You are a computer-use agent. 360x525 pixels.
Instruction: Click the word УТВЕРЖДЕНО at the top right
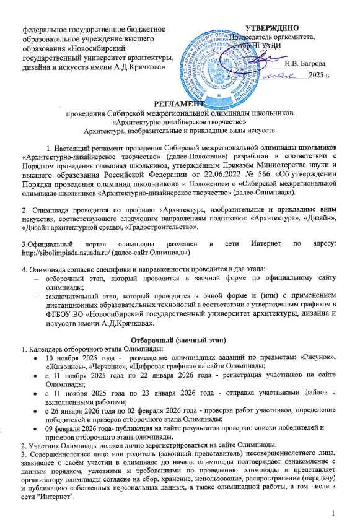click(x=273, y=28)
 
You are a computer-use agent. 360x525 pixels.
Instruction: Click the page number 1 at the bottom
click(x=333, y=513)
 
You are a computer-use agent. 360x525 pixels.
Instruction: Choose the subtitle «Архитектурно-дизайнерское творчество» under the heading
click(x=179, y=122)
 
